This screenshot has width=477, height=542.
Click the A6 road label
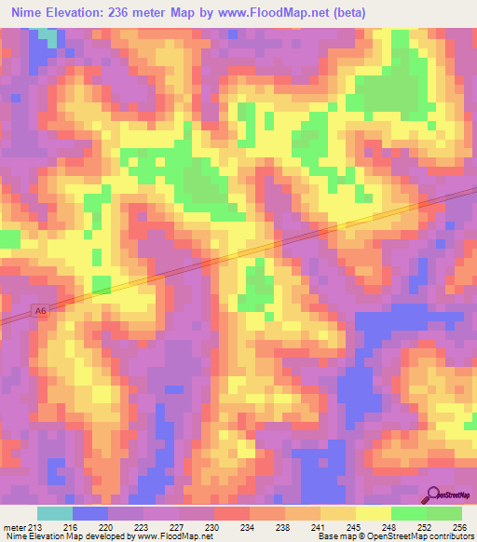click(x=38, y=310)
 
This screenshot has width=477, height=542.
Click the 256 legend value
click(x=458, y=526)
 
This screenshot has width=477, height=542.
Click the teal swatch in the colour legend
click(x=55, y=513)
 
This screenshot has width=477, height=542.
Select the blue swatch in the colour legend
click(x=90, y=513)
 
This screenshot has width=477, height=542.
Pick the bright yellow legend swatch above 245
click(x=374, y=513)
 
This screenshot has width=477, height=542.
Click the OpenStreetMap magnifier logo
click(x=433, y=496)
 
